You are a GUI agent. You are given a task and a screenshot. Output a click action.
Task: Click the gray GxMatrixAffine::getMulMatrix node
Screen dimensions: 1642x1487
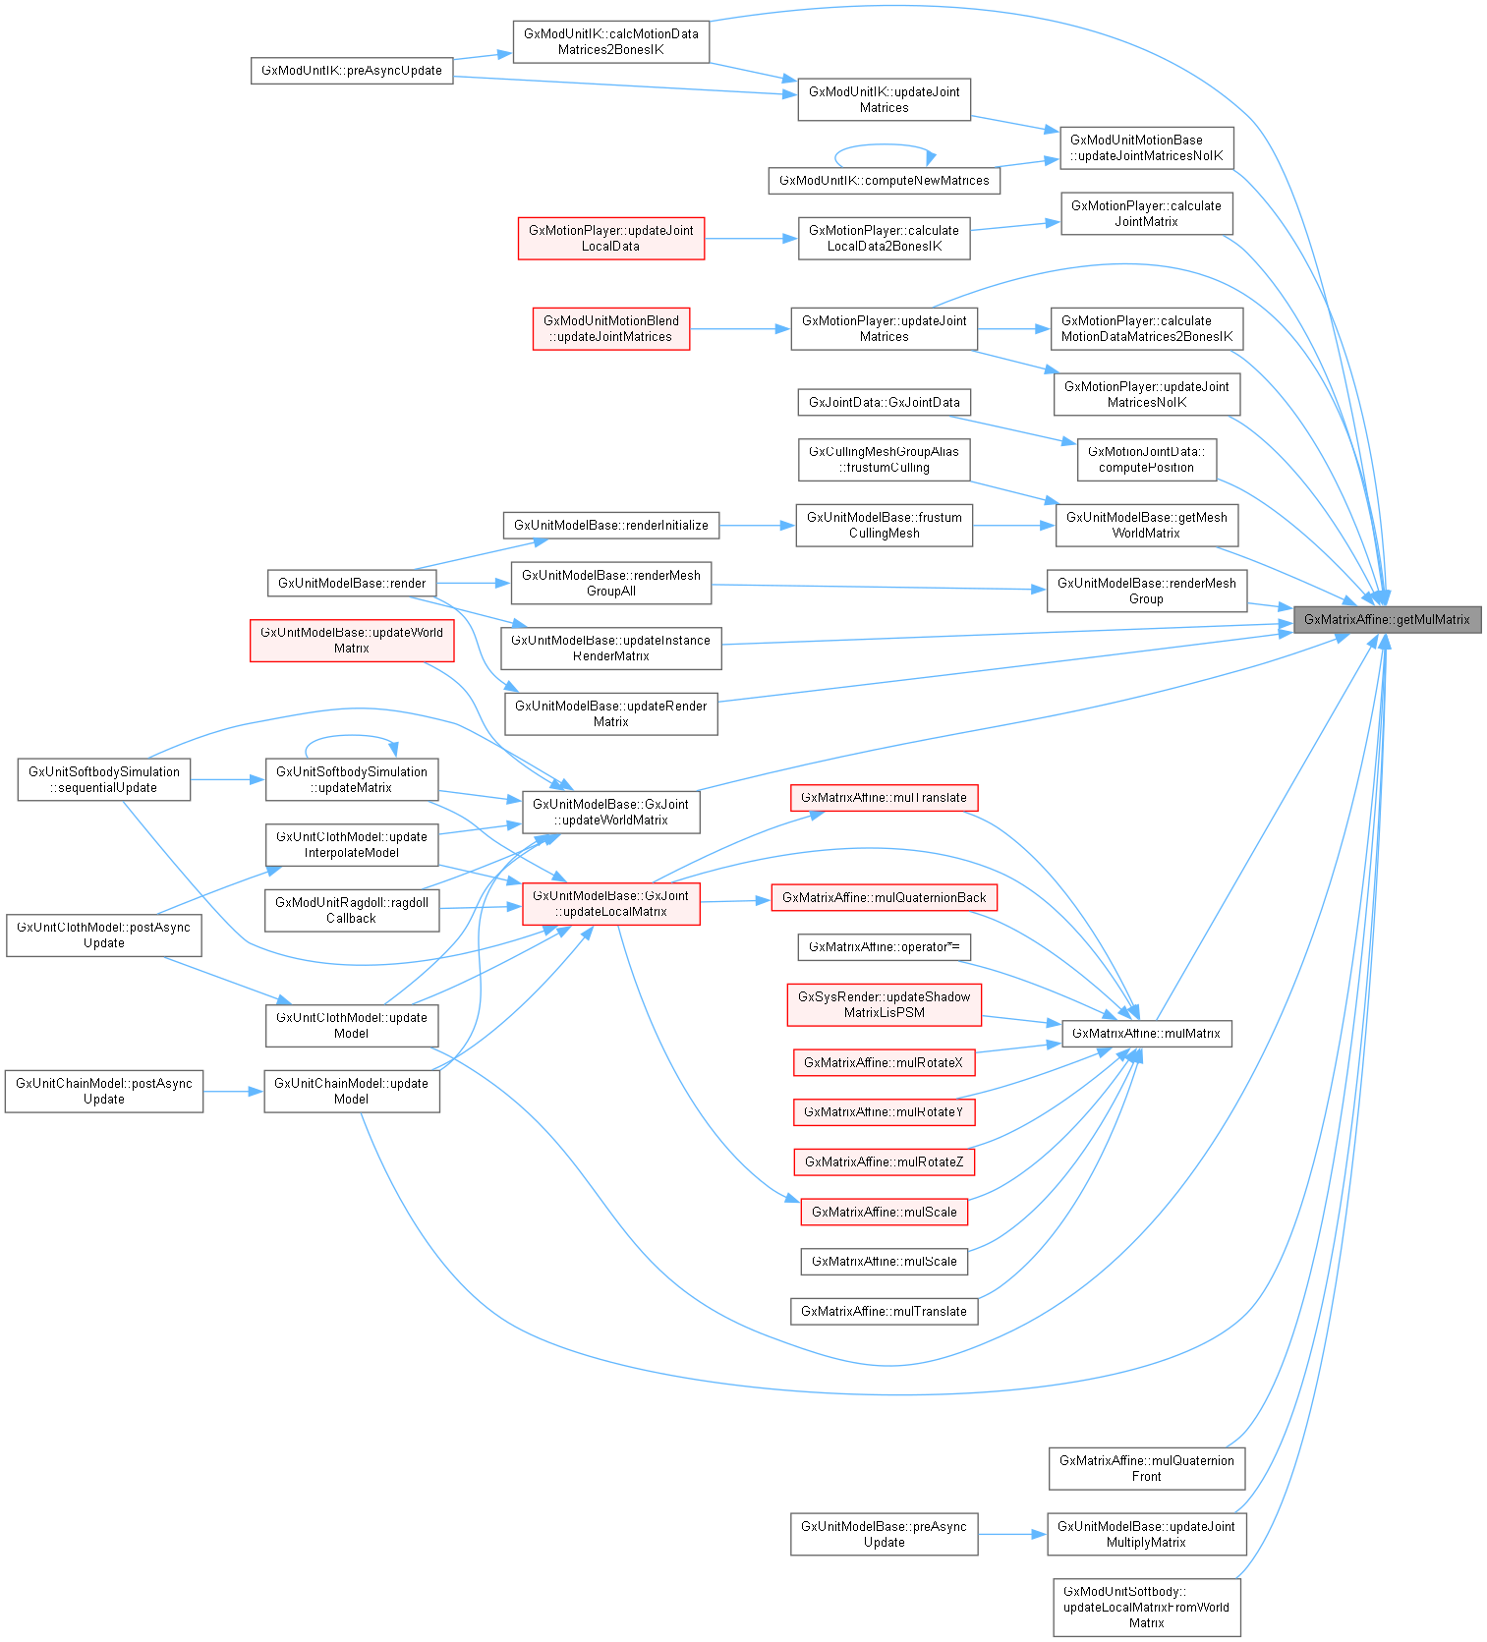coord(1387,619)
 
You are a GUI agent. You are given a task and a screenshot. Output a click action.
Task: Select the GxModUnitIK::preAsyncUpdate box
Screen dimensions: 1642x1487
coord(352,71)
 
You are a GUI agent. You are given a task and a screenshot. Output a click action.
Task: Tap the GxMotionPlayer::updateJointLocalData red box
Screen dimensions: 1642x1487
coord(610,238)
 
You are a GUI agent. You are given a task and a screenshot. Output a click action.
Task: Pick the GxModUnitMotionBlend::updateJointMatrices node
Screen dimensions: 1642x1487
coord(610,328)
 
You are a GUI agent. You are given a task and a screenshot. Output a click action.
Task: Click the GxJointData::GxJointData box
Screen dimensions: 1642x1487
coord(884,402)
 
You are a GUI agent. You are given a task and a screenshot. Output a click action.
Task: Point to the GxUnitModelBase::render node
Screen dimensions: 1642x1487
coord(352,583)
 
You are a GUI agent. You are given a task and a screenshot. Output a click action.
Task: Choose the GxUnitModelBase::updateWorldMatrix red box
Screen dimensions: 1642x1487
coord(352,640)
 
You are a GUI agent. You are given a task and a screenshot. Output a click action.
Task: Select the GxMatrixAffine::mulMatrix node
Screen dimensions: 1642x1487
coord(1146,1033)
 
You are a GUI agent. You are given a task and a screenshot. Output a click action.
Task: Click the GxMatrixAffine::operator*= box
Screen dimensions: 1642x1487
coord(884,946)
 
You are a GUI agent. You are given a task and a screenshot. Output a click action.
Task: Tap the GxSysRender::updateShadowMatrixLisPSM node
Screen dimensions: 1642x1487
coord(884,1004)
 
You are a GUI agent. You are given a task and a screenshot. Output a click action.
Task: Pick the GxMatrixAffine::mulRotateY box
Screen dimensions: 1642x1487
coord(884,1111)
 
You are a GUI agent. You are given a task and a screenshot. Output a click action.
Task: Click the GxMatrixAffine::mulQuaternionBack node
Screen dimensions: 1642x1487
coord(884,897)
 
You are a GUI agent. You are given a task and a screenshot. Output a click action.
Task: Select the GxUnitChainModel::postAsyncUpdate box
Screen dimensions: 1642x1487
coord(104,1091)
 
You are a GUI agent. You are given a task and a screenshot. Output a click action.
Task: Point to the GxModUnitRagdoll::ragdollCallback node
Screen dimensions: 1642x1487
coord(352,910)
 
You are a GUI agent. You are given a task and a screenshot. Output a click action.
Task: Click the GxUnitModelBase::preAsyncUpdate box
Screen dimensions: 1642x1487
coord(884,1534)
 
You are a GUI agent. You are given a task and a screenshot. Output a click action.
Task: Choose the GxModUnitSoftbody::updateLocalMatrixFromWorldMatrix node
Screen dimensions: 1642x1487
coord(1146,1607)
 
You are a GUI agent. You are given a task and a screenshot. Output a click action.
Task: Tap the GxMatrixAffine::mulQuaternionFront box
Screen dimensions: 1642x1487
coord(1146,1468)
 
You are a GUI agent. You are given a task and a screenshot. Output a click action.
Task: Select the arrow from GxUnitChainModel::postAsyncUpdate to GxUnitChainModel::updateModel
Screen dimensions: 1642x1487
coord(234,1091)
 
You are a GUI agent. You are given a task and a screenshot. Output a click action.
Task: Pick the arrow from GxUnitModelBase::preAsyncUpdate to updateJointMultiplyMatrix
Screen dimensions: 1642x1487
coord(1012,1534)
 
